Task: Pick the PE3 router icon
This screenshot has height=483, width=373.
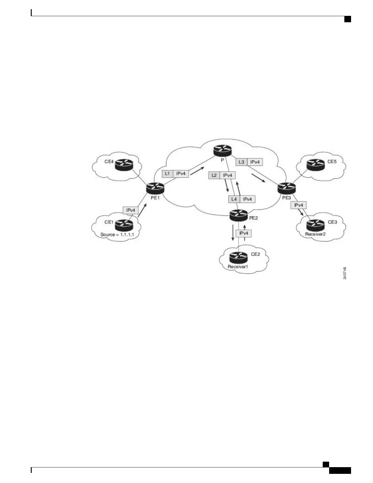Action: [x=286, y=188]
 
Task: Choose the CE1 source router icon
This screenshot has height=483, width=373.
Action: [x=124, y=225]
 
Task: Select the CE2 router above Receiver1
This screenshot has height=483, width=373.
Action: [x=238, y=257]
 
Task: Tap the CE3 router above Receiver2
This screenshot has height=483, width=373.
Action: [x=315, y=225]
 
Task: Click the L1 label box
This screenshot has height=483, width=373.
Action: [x=167, y=174]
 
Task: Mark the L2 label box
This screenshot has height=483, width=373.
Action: [x=214, y=175]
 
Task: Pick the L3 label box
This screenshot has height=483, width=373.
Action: [x=241, y=162]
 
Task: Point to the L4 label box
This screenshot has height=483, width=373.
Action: [x=234, y=199]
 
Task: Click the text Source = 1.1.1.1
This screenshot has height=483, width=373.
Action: [x=117, y=235]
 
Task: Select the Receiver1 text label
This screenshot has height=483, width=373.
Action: [x=238, y=267]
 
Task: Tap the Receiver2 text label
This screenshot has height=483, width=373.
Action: [x=315, y=234]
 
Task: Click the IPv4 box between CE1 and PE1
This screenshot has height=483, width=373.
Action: [x=130, y=210]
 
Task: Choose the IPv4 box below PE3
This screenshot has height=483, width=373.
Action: [x=299, y=205]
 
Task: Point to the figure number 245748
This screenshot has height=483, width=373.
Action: [x=345, y=273]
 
